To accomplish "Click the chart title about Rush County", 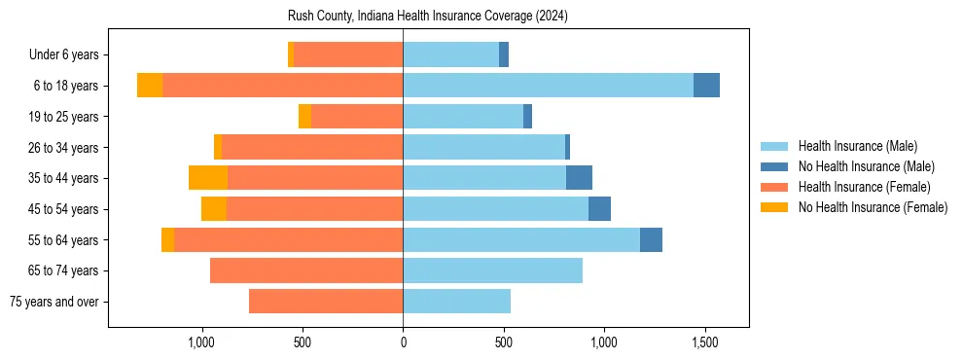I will (428, 17).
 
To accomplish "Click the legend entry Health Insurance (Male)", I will (857, 146).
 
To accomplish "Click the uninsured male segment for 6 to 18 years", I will (706, 86).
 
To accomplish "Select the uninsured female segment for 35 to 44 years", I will (208, 178).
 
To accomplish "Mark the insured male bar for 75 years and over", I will (456, 302).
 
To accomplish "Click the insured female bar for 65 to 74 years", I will (306, 270).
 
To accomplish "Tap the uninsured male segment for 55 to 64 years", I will (651, 239).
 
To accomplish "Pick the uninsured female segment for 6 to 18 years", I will (150, 86).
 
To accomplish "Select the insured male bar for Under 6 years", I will (450, 54).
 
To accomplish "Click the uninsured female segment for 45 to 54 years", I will (214, 209).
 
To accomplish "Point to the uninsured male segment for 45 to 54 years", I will (599, 209).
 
